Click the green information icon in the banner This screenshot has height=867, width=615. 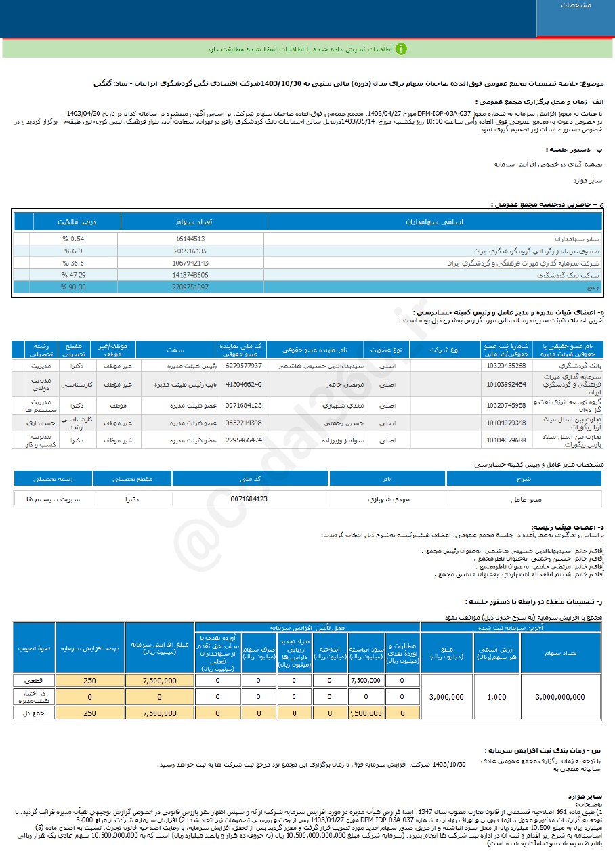tap(401, 49)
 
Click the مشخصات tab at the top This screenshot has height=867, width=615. tap(575, 5)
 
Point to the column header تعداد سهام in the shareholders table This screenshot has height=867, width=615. tap(194, 221)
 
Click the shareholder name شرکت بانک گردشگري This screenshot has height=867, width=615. tap(572, 275)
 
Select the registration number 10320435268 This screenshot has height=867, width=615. tap(505, 365)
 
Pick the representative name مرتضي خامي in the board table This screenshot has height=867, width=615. tap(333, 384)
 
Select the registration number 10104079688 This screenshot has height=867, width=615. tap(505, 440)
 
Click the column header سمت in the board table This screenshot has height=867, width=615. tap(175, 350)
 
